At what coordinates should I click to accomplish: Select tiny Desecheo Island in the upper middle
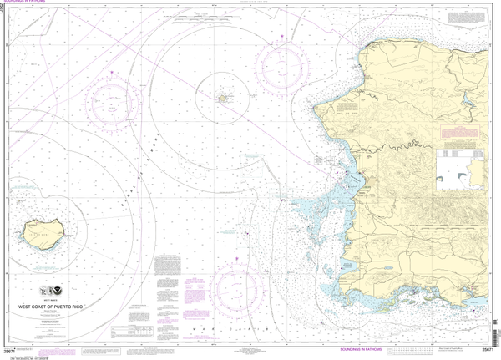pos(223,99)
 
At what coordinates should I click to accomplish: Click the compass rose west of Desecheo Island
pos(111,106)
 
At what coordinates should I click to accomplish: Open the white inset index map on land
pos(463,165)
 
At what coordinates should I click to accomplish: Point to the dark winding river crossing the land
pos(401,150)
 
